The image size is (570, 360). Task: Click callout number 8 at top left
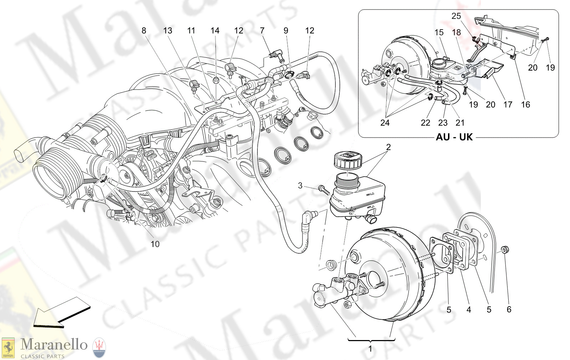point(144,31)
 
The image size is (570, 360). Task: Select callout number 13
point(168,31)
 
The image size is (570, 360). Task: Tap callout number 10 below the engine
point(155,244)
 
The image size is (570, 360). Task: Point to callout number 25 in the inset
point(456,16)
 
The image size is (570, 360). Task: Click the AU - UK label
point(454,137)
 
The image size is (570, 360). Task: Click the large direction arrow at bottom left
point(61,313)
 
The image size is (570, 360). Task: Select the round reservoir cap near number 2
point(348,159)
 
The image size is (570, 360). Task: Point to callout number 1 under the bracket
point(370,349)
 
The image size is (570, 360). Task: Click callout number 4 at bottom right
point(469,310)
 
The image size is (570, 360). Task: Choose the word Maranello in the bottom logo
point(54,345)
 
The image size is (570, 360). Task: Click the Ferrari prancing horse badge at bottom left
point(8,348)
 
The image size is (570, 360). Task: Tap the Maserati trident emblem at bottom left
point(99,348)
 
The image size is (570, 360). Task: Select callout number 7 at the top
point(262,31)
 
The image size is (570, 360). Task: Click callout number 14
point(215,31)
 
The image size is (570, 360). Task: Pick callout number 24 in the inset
point(385,123)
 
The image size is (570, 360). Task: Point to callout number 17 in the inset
point(508,104)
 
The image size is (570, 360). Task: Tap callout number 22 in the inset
point(425,123)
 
